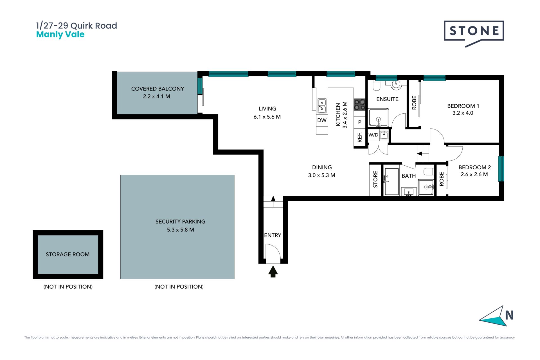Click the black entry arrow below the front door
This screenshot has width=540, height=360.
273,272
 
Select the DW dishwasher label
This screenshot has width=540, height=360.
322,120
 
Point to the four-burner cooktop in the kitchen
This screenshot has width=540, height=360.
359,105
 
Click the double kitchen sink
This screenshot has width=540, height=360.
322,105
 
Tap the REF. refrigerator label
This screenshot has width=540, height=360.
359,137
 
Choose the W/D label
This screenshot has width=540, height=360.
373,135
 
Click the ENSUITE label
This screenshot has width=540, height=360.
387,99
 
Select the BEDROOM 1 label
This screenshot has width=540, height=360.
463,106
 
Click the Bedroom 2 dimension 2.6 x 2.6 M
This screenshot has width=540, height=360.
474,174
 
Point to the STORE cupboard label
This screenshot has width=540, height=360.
375,179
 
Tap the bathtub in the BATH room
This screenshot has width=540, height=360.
391,181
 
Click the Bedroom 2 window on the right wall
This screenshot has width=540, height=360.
501,169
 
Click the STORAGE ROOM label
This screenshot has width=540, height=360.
68,254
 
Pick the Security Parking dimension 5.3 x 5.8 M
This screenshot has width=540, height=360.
180,230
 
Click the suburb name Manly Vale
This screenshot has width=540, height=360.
60,34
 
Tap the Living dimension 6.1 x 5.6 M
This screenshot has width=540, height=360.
267,117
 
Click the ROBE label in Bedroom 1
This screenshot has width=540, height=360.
414,103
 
